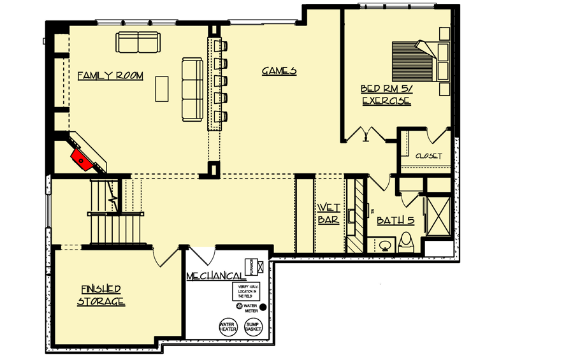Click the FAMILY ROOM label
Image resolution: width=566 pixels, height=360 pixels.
tap(110, 76)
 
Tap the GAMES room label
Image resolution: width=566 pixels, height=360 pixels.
tap(279, 71)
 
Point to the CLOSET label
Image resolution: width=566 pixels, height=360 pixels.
tap(428, 156)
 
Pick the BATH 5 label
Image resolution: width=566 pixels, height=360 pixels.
tap(395, 220)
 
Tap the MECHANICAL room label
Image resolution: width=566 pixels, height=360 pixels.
tap(216, 276)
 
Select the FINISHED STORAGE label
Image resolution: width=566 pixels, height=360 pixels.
tap(101, 294)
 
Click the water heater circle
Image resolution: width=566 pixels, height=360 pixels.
tap(228, 328)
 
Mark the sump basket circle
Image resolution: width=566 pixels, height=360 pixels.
tap(253, 328)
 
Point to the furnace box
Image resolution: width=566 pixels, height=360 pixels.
tap(252, 266)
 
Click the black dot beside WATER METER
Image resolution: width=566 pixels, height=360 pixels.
tap(263, 307)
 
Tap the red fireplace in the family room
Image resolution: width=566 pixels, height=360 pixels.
tap(81, 159)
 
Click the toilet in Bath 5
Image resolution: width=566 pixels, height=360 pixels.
tap(406, 243)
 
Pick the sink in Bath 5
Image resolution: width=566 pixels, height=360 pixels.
tap(384, 245)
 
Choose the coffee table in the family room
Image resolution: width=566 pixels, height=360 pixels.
tap(162, 88)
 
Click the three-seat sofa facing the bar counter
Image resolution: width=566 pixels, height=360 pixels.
tap(192, 89)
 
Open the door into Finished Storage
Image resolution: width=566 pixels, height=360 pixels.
tap(164, 258)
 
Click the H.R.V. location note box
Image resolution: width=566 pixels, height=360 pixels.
tap(245, 291)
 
